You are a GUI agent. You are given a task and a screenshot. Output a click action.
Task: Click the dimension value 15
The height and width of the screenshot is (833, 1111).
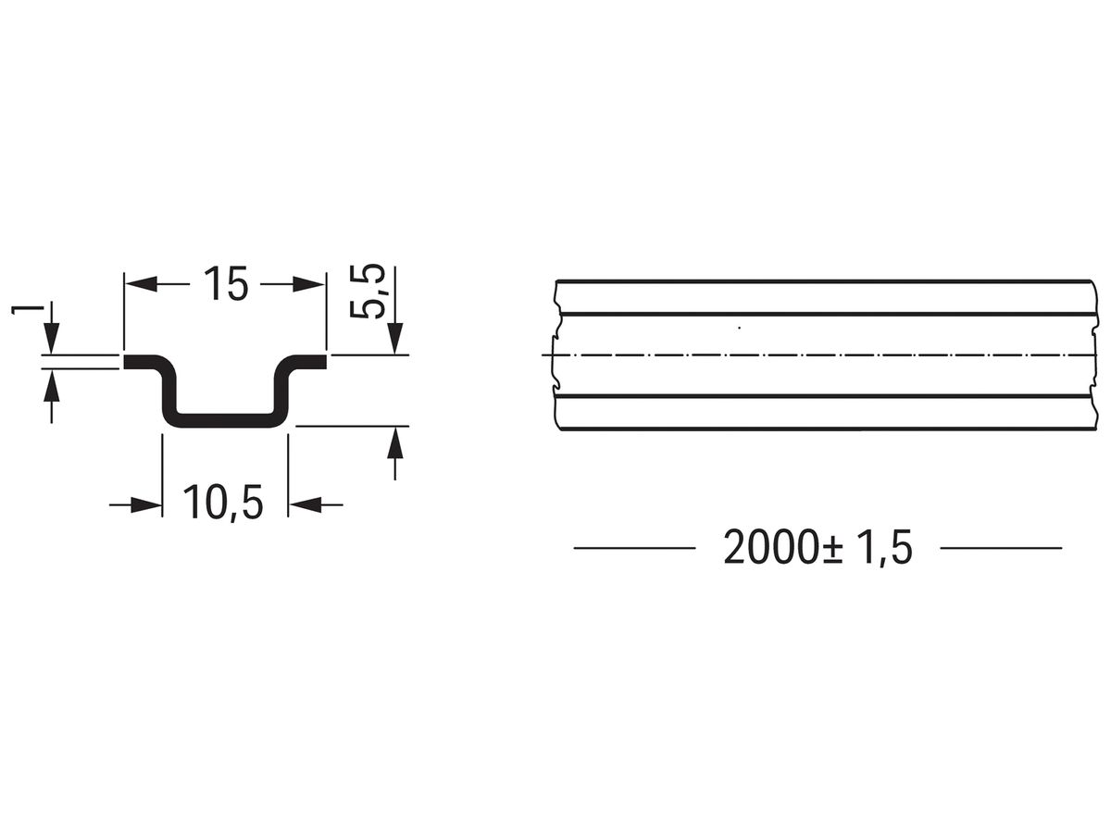click(x=225, y=285)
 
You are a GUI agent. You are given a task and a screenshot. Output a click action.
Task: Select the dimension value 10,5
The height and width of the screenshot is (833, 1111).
click(x=223, y=504)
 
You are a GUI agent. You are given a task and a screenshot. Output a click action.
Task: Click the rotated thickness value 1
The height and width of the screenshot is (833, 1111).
click(x=20, y=307)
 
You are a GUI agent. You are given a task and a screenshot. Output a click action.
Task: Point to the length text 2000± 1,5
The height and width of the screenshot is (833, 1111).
click(x=818, y=548)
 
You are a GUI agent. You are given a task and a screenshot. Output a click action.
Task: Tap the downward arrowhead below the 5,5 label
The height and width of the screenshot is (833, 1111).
click(x=395, y=337)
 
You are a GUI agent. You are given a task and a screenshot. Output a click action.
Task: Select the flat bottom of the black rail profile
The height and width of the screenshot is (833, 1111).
click(x=223, y=419)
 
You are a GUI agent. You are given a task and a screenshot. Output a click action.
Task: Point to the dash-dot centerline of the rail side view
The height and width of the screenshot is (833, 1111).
click(x=824, y=355)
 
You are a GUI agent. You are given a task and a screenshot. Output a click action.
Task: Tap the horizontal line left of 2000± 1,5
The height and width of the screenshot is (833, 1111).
click(x=634, y=548)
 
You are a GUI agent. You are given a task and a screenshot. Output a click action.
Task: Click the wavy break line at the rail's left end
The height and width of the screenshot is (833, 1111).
click(x=555, y=355)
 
